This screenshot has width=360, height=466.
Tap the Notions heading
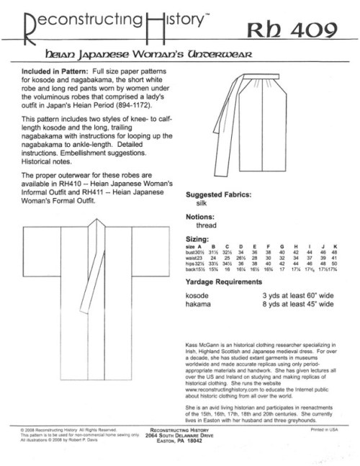204,218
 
